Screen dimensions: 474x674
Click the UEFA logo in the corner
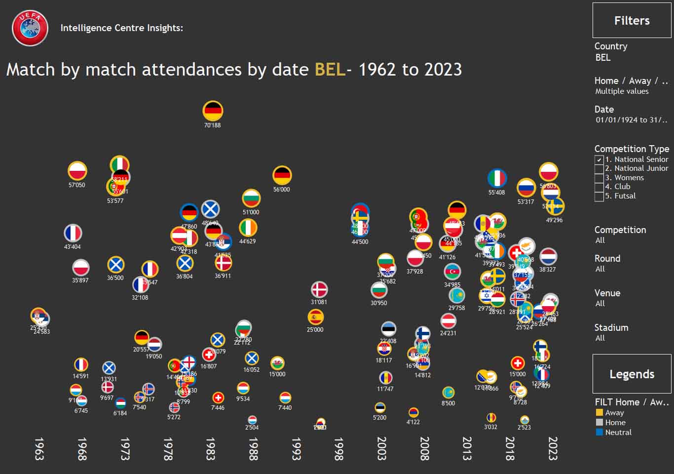(30, 28)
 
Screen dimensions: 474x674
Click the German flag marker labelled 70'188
(213, 111)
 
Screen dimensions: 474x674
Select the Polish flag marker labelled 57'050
(77, 171)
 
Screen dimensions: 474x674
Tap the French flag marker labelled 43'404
(73, 233)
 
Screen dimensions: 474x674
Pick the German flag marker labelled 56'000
(282, 175)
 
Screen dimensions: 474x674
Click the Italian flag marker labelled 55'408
(497, 178)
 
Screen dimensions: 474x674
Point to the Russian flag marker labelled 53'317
(526, 188)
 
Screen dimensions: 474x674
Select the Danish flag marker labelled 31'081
(319, 289)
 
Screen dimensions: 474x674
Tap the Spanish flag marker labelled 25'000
(315, 317)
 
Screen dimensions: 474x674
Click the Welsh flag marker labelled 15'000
(277, 363)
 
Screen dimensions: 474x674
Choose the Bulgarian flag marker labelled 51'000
(251, 198)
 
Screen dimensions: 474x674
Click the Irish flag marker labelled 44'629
(248, 228)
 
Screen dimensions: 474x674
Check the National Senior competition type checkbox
(599, 159)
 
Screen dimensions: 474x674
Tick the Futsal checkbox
(599, 197)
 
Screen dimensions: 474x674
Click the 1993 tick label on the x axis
(296, 448)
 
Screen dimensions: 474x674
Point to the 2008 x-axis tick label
(424, 448)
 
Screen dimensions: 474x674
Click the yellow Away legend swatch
(599, 413)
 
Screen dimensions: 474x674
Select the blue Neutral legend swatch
(599, 433)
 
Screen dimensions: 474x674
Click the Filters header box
(632, 20)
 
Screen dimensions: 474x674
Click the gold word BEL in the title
(330, 70)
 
